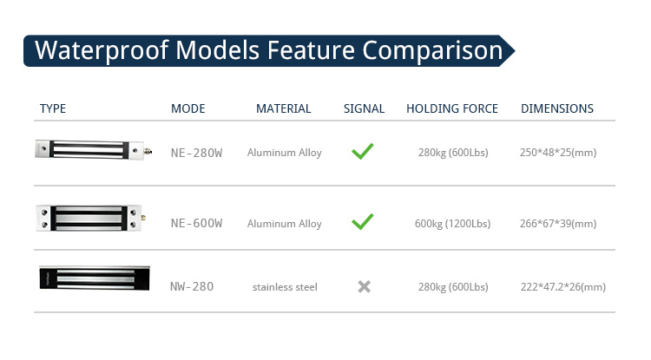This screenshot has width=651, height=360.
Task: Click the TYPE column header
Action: click(x=53, y=108)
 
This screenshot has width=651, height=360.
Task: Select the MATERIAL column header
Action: click(x=284, y=108)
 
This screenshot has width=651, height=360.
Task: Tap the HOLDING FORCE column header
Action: click(x=452, y=108)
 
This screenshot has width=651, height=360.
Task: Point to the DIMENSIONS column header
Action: click(x=557, y=108)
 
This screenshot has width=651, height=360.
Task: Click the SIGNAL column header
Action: click(x=364, y=108)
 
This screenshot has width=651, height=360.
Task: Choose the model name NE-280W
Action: click(x=197, y=153)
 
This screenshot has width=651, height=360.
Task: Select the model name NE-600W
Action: click(x=197, y=224)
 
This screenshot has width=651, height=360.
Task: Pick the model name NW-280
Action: click(x=192, y=286)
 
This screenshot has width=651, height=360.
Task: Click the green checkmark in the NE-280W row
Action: click(x=363, y=152)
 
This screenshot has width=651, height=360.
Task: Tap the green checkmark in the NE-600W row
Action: click(x=363, y=222)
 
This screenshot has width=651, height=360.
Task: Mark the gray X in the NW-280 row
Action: click(x=364, y=286)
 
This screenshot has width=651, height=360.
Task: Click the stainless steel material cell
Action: click(x=285, y=287)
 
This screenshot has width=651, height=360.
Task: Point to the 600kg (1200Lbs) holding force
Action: click(x=452, y=224)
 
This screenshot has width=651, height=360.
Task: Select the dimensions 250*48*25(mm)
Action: click(x=558, y=153)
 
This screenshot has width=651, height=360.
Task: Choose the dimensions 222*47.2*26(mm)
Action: click(x=563, y=287)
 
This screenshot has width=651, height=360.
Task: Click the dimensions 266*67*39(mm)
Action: click(x=558, y=224)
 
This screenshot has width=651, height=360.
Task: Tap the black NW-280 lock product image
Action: click(x=95, y=278)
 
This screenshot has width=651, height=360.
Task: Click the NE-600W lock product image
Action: click(x=90, y=218)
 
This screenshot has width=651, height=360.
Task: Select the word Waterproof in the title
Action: click(x=102, y=51)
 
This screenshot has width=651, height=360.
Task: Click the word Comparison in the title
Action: click(x=432, y=51)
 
